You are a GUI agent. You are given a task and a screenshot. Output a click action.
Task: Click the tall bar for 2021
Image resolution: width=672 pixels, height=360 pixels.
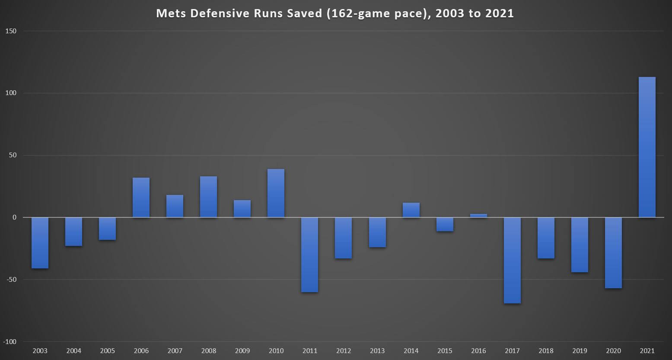point(647,147)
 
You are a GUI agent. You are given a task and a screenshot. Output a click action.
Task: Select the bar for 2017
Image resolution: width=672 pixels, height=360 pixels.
point(512,260)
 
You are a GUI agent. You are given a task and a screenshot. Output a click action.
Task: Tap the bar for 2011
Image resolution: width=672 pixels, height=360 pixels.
point(309,255)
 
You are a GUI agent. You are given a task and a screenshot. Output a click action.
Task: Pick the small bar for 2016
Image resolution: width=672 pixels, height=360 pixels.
point(478,216)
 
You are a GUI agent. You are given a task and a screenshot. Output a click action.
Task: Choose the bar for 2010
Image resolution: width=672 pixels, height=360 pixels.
point(276,193)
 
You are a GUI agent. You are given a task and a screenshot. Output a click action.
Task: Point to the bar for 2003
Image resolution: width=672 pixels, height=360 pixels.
point(40,243)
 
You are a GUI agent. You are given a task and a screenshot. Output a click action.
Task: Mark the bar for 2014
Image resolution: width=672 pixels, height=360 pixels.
point(411,210)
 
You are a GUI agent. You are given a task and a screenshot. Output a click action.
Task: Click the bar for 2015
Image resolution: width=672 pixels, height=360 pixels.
point(445,224)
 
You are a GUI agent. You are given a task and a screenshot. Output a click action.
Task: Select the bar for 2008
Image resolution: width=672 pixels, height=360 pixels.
point(208,197)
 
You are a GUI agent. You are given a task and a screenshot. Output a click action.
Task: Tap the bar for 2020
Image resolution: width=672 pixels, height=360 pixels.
point(613,253)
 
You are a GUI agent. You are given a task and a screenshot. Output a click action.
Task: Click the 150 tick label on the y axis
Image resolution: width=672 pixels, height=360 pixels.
point(11,31)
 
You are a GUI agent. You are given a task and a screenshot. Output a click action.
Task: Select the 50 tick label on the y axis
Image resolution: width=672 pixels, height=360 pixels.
point(13,155)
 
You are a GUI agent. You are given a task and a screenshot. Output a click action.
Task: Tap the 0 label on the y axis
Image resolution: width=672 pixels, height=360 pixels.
point(14,217)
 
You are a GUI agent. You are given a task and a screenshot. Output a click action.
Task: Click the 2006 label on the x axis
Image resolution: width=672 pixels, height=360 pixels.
point(141,351)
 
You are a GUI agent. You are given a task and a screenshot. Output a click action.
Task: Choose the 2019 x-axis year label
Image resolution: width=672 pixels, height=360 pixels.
point(580,351)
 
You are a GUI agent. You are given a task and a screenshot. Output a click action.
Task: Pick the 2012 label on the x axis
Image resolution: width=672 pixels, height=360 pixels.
point(343,351)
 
